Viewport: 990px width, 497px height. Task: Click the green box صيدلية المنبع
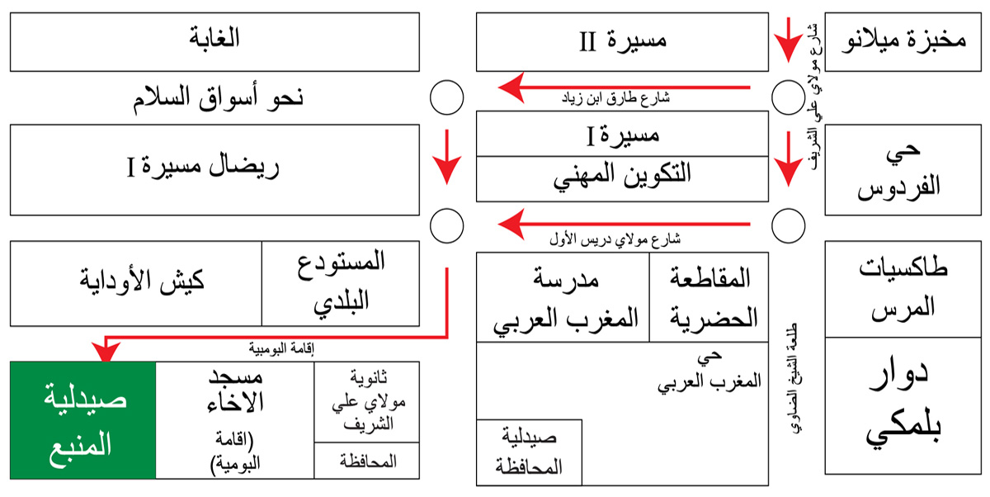click(82, 419)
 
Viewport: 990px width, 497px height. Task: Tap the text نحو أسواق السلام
click(219, 97)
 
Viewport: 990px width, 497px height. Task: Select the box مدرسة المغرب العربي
click(563, 297)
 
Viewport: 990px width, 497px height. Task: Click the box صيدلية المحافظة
click(530, 452)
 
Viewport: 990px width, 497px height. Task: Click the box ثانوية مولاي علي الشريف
click(367, 402)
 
